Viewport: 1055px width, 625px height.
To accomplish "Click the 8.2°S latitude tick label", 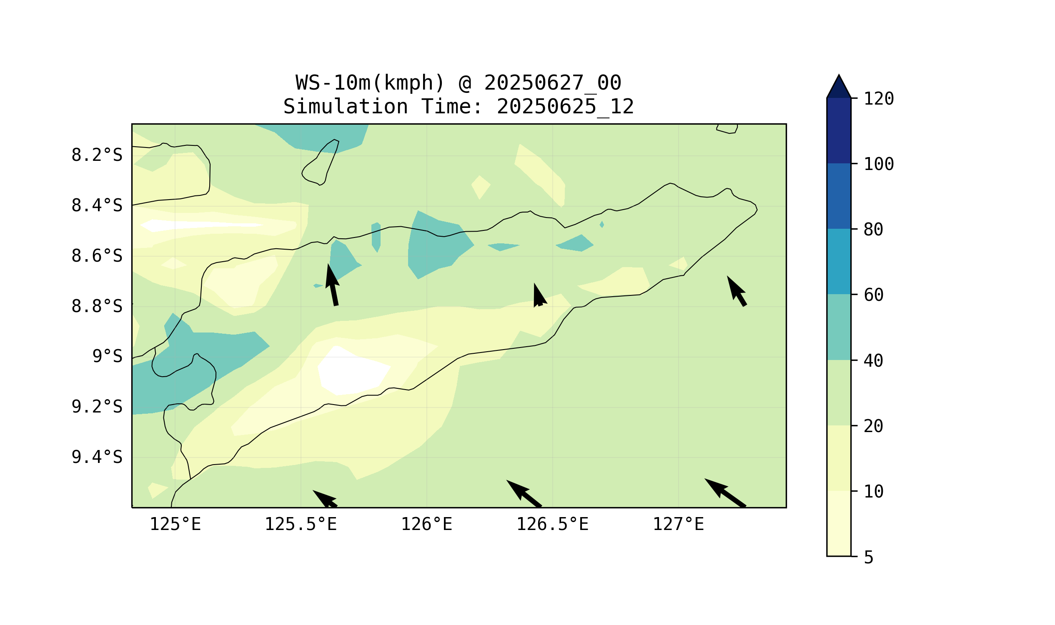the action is coord(97,155).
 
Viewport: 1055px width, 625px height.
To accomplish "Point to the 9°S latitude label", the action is coord(108,357).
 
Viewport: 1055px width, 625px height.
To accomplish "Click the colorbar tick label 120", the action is coord(879,99).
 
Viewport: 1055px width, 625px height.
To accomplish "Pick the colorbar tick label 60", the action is coord(874,295).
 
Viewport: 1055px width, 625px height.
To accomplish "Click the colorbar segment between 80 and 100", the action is coord(839,196).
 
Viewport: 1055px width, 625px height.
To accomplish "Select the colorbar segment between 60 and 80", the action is coord(839,262).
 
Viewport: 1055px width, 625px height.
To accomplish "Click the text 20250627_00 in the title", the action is coord(552,83).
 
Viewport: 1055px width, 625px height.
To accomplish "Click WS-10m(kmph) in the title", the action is coord(370,83).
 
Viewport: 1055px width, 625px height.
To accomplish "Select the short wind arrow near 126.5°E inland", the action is coord(540,295).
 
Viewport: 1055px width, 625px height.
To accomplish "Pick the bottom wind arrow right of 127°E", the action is coord(725,493).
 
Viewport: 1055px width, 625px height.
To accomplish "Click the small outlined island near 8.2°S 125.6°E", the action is coord(320,162).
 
